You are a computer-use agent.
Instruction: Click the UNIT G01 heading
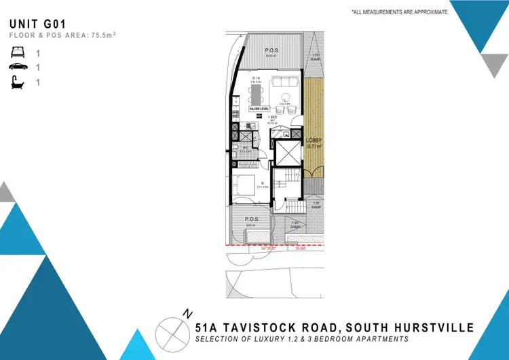point(37,23)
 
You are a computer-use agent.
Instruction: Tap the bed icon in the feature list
point(16,51)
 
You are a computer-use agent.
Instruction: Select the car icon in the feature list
point(16,67)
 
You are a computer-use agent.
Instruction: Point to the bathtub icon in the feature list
point(16,82)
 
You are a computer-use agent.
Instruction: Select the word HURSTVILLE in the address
point(437,327)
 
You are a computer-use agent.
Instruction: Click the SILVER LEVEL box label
point(259,109)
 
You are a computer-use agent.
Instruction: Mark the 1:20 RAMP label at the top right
point(315,57)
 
